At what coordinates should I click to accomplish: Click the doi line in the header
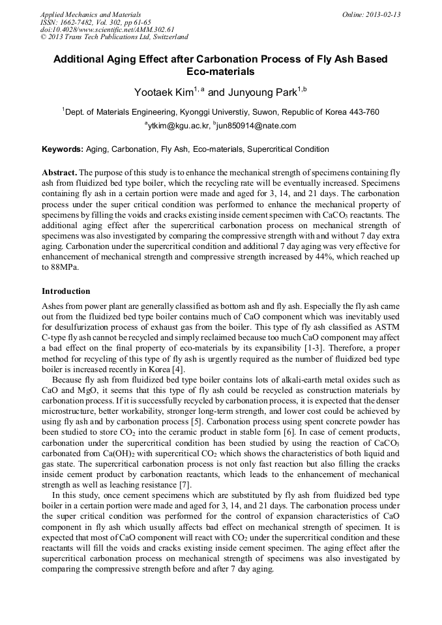point(98,29)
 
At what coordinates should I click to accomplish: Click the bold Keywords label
point(62,149)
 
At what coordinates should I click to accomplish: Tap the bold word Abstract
point(59,173)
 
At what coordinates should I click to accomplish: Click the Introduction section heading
point(66,291)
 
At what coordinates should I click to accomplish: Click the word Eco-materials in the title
point(220,72)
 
